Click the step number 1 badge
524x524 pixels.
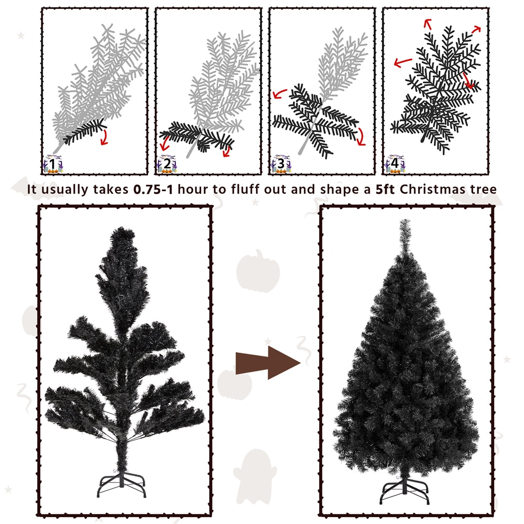pyautogui.click(x=53, y=164)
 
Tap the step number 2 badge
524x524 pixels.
pyautogui.click(x=167, y=164)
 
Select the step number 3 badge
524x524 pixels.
pyautogui.click(x=281, y=164)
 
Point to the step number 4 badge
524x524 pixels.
pyautogui.click(x=395, y=164)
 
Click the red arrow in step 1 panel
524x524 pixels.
pyautogui.click(x=105, y=137)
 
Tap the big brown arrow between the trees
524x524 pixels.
pyautogui.click(x=268, y=363)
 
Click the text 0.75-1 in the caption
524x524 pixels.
pyautogui.click(x=154, y=190)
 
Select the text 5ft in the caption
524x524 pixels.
pyautogui.click(x=385, y=190)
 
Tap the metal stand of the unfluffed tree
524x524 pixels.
pyautogui.click(x=122, y=484)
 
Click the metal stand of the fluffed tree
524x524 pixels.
pyautogui.click(x=405, y=491)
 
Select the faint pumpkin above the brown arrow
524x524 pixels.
pyautogui.click(x=258, y=271)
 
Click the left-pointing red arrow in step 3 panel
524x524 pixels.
pyautogui.click(x=280, y=94)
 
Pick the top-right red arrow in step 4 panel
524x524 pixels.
pyautogui.click(x=476, y=29)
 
